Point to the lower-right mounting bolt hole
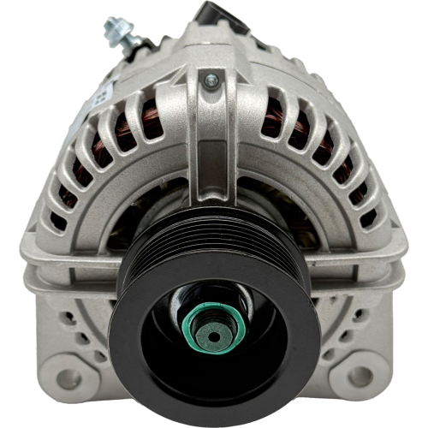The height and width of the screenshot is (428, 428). pyautogui.click(x=360, y=376)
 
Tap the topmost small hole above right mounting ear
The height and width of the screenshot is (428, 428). pyautogui.click(x=360, y=317)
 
